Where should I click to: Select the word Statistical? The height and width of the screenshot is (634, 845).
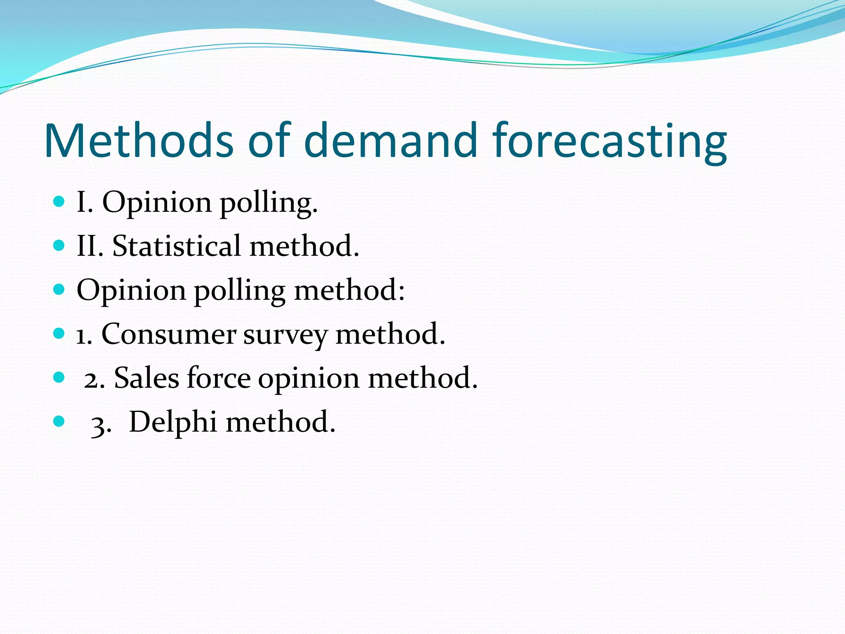176,246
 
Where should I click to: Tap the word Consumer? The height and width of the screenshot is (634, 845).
169,334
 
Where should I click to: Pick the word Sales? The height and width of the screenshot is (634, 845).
146,378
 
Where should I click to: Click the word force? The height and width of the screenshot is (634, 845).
219,378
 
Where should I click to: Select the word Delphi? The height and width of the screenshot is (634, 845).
173,422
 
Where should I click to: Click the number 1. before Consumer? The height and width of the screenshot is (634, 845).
84,335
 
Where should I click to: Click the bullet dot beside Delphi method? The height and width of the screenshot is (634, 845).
59,421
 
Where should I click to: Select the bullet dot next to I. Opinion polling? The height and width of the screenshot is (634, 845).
59,202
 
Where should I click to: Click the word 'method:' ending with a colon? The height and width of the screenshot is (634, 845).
349,290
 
